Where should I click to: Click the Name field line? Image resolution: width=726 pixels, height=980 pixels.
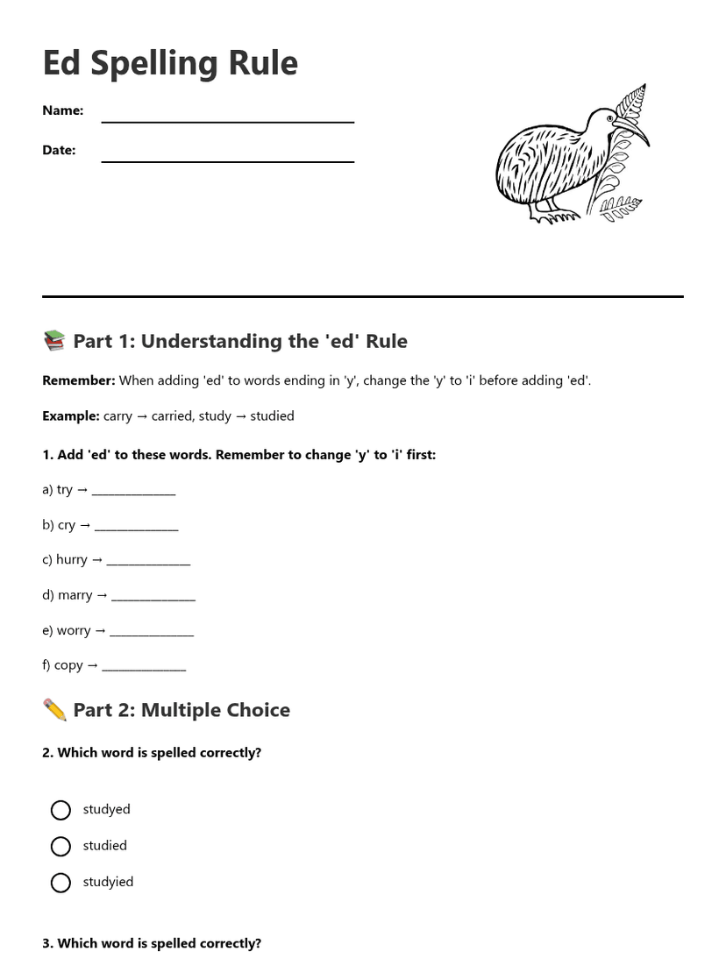click(x=228, y=120)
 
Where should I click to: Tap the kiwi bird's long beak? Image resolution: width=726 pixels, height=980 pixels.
click(x=635, y=131)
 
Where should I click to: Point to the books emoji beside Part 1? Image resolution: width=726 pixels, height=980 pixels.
click(x=54, y=341)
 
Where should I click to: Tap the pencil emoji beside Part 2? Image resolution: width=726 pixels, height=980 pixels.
click(x=54, y=710)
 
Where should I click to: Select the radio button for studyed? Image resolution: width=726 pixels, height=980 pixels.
click(x=60, y=810)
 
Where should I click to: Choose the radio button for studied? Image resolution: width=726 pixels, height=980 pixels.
click(x=60, y=847)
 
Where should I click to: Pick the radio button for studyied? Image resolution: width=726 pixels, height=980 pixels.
click(x=60, y=883)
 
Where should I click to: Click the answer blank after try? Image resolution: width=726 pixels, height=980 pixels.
click(x=133, y=492)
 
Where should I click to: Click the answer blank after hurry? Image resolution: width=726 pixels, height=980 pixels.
click(x=148, y=562)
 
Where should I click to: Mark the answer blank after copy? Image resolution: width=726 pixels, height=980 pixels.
click(x=144, y=667)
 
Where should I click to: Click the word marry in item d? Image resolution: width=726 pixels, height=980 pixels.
click(x=75, y=595)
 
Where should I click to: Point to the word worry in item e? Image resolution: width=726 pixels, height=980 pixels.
click(x=74, y=630)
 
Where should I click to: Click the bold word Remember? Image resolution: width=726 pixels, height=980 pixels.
click(x=79, y=380)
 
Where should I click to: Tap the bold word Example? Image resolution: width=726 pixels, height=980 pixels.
click(x=71, y=415)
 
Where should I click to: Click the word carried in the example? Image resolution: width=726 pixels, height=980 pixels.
click(x=172, y=415)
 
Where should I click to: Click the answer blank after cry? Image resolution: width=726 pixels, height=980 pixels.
click(x=136, y=527)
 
